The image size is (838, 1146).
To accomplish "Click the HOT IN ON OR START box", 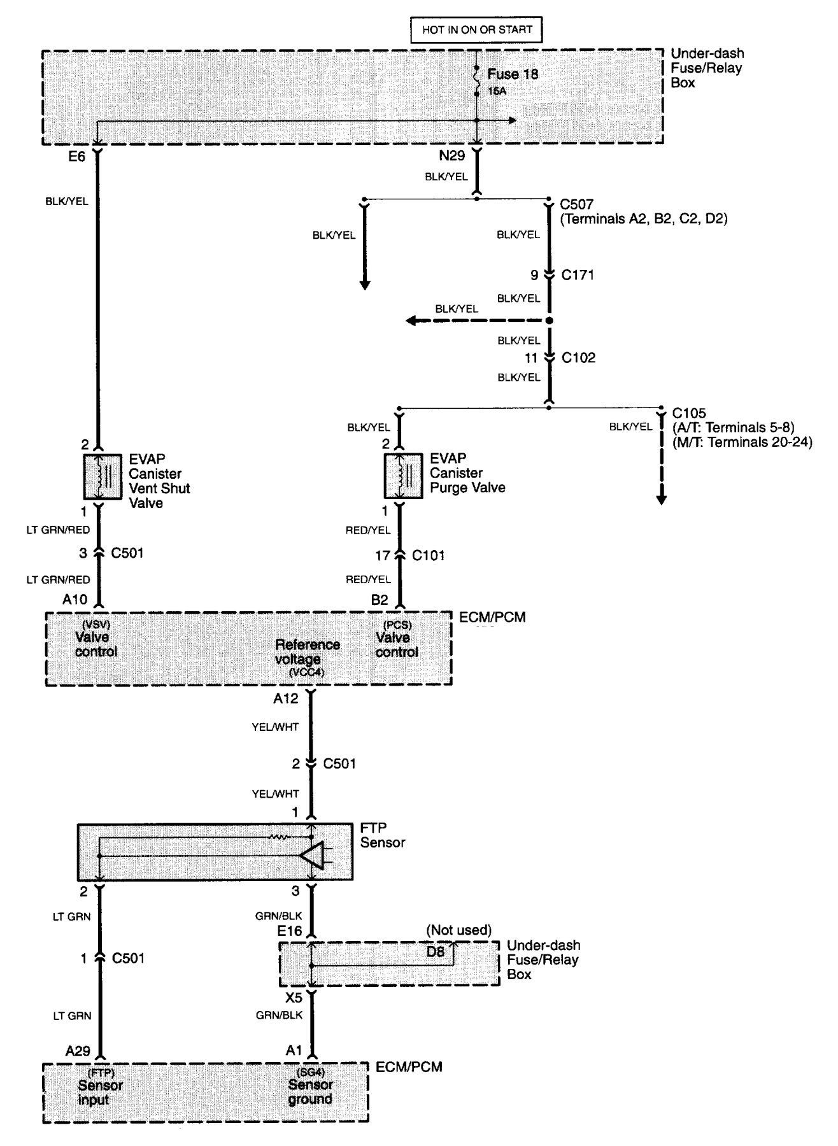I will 476,29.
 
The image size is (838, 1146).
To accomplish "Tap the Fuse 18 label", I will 513,74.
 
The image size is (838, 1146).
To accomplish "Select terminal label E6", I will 76,155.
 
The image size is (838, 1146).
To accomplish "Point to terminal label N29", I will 452,155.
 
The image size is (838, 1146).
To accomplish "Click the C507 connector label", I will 576,204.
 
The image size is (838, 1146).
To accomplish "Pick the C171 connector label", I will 578,275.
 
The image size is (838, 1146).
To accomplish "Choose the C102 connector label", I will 578,358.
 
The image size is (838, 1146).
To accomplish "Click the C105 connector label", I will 689,413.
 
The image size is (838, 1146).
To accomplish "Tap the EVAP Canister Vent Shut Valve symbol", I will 100,476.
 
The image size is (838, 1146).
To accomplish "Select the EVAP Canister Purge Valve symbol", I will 401,476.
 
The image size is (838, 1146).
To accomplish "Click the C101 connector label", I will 428,556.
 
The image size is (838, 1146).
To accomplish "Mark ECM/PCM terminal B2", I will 380,600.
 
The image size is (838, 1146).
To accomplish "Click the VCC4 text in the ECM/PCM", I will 294,673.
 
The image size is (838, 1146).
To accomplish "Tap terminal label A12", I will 286,699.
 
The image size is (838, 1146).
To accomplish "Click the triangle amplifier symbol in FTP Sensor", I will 313,855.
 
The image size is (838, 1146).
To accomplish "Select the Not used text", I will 458,931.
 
